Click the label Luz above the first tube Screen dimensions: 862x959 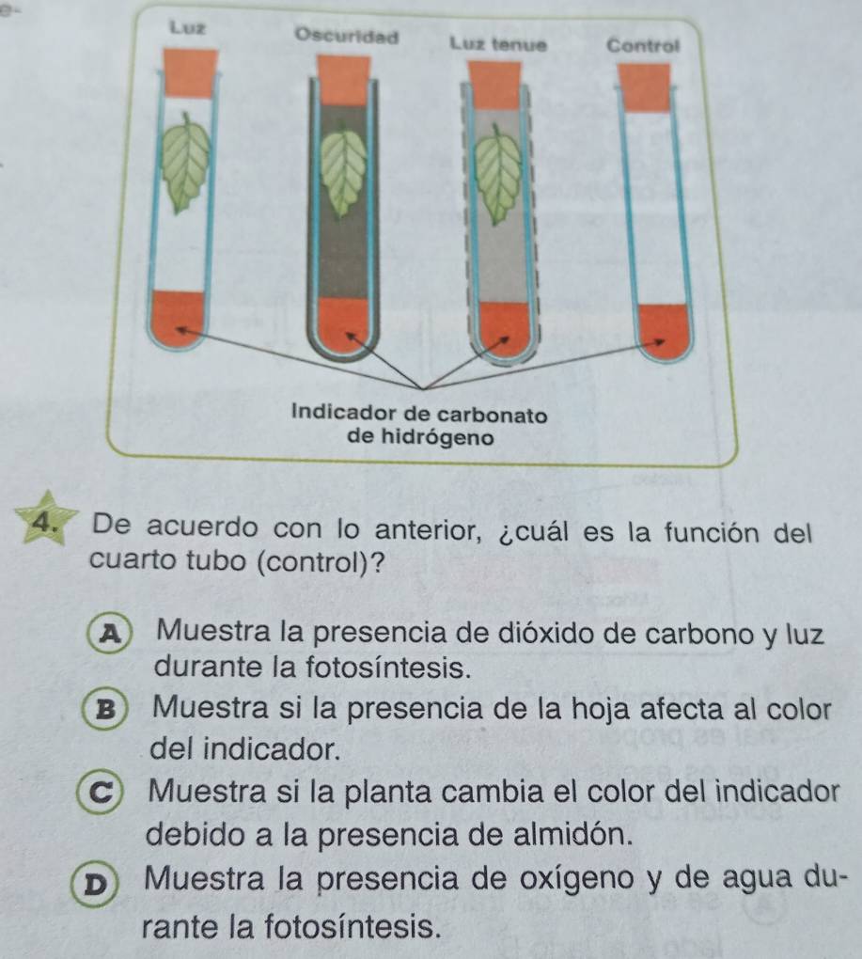(x=188, y=27)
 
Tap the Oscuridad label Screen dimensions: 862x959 (x=347, y=36)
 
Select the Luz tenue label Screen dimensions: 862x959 (x=498, y=44)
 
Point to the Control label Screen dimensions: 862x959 (x=643, y=45)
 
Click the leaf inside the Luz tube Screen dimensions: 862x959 (x=183, y=162)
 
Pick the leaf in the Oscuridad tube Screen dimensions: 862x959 (x=344, y=171)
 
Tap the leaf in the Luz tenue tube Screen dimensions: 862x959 (x=499, y=174)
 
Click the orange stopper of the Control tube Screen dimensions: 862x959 (x=644, y=87)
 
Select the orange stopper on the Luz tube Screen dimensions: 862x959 (x=190, y=73)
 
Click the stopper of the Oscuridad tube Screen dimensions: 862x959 (x=343, y=81)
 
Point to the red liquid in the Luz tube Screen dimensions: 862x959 (x=178, y=319)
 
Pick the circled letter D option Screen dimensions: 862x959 (x=94, y=885)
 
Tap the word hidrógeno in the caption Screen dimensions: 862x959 (x=420, y=437)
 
